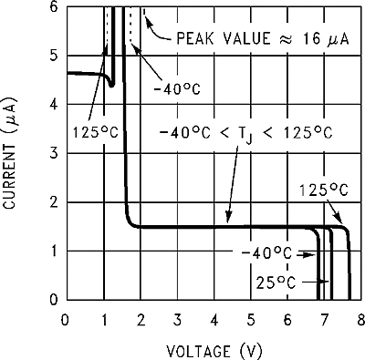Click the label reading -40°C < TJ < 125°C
point(245,132)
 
